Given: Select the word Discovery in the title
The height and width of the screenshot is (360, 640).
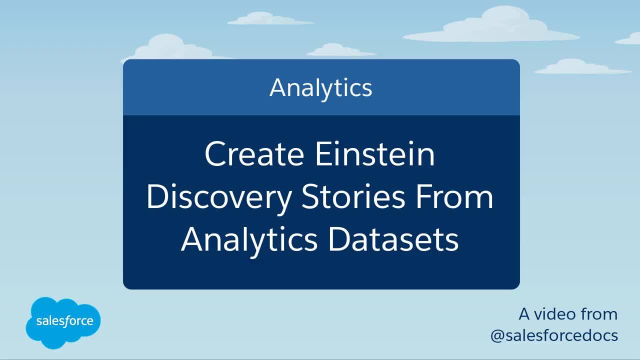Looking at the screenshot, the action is pos(219,198).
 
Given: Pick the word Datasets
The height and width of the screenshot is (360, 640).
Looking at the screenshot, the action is pos(393,239).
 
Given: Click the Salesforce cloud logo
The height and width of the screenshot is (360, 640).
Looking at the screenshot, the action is pos(63,323).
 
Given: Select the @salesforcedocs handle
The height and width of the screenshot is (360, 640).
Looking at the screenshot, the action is pos(554,335).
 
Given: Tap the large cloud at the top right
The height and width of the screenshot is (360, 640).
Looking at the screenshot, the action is pos(491,25).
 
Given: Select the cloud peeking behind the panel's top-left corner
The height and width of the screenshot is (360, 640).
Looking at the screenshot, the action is pos(171,47).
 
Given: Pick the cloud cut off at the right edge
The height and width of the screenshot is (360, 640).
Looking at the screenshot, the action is pos(628,39).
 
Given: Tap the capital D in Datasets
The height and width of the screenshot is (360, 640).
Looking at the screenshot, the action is pos(340,239).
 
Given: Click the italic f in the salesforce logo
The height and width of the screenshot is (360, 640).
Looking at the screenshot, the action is pos(67,321).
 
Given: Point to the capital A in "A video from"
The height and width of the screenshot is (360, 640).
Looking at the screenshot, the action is pos(525,314).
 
